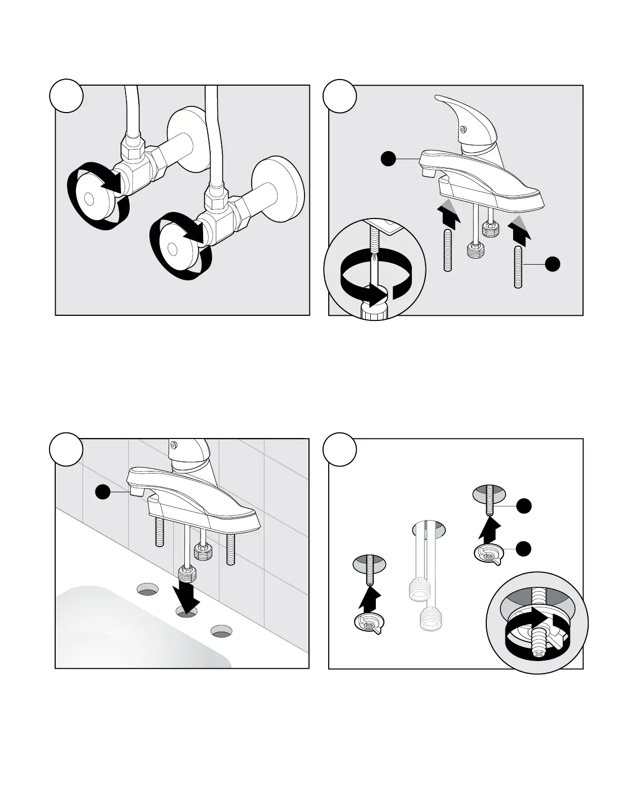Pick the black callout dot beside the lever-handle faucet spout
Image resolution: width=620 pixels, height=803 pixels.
point(389,159)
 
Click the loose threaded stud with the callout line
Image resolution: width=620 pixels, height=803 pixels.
point(518,267)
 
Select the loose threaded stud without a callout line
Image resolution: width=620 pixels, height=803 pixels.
point(447,250)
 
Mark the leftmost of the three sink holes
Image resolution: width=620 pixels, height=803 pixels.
point(147,590)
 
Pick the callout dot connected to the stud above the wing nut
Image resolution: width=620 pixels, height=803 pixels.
point(524,505)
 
